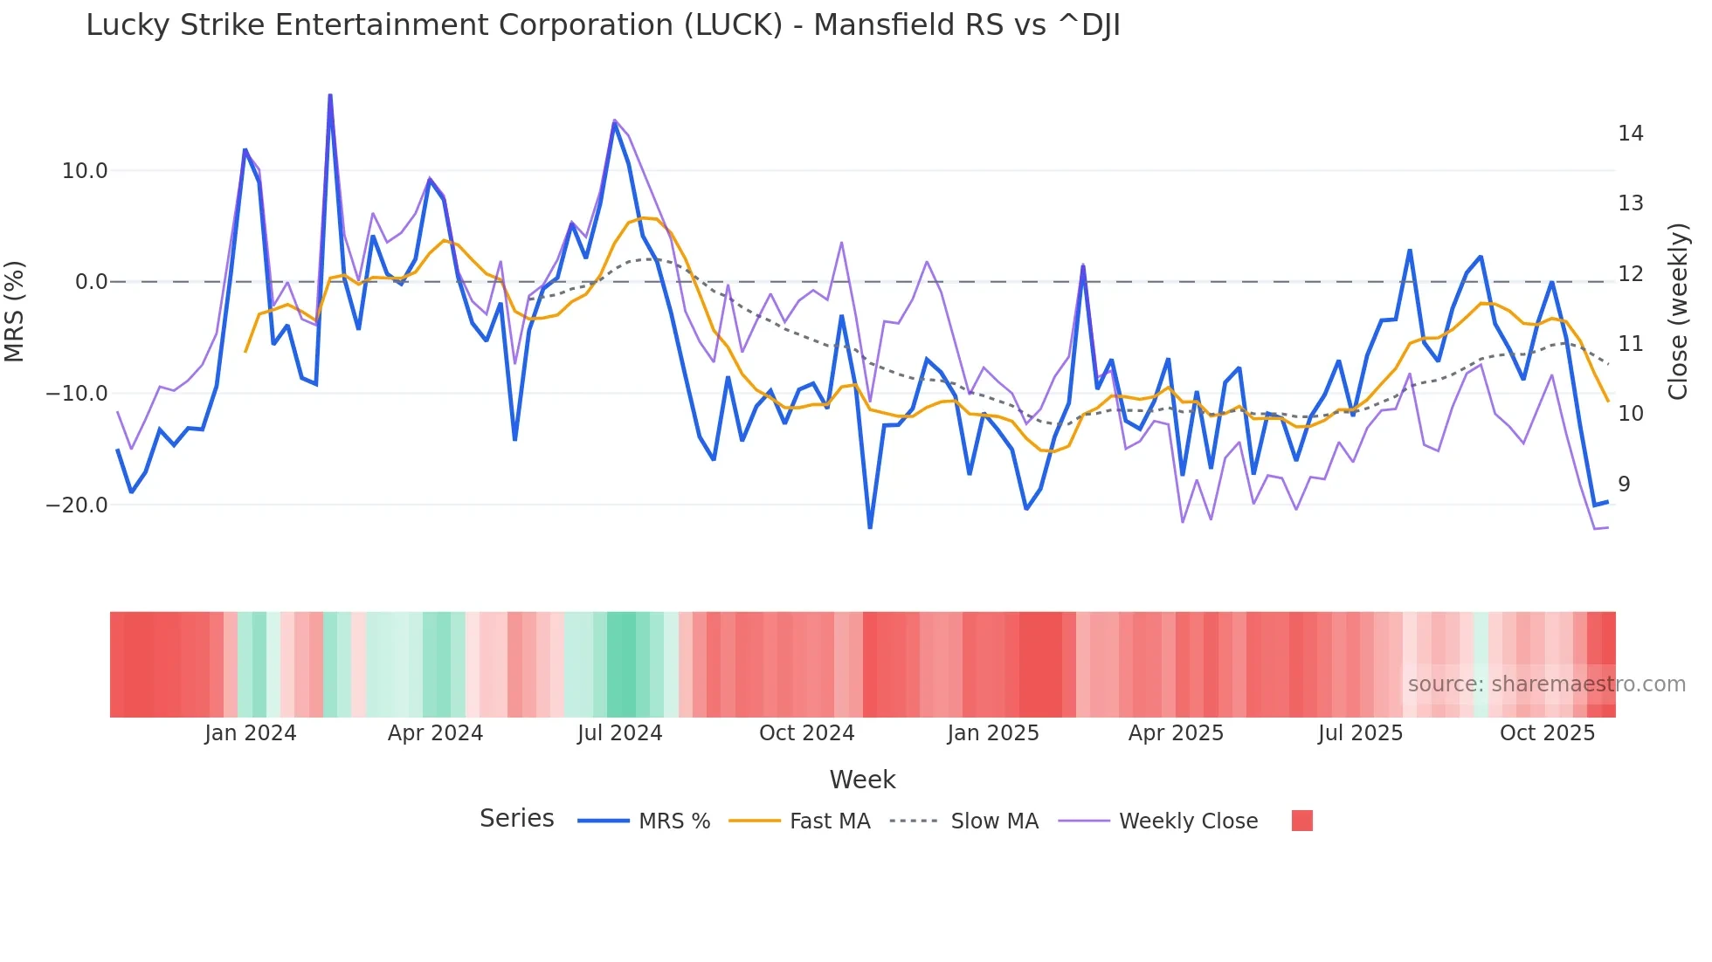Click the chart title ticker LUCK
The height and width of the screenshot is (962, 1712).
(733, 25)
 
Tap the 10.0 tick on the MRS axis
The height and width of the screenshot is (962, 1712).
(84, 171)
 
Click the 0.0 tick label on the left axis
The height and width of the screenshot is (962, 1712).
(91, 282)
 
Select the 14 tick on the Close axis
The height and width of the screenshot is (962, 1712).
(1630, 134)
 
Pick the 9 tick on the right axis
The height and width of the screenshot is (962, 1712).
(1623, 484)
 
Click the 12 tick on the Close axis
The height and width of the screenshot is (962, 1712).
(1630, 274)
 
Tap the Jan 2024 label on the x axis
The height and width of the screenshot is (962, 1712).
(251, 733)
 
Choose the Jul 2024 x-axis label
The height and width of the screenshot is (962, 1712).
(620, 733)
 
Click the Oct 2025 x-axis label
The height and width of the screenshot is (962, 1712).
(1547, 733)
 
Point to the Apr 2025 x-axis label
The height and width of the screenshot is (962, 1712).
(1176, 733)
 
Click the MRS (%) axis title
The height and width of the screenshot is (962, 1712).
(15, 312)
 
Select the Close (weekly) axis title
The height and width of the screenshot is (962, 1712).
(1677, 312)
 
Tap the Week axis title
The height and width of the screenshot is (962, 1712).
(862, 780)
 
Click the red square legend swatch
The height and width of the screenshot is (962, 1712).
(1301, 821)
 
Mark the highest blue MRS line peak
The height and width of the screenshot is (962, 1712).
(330, 95)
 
